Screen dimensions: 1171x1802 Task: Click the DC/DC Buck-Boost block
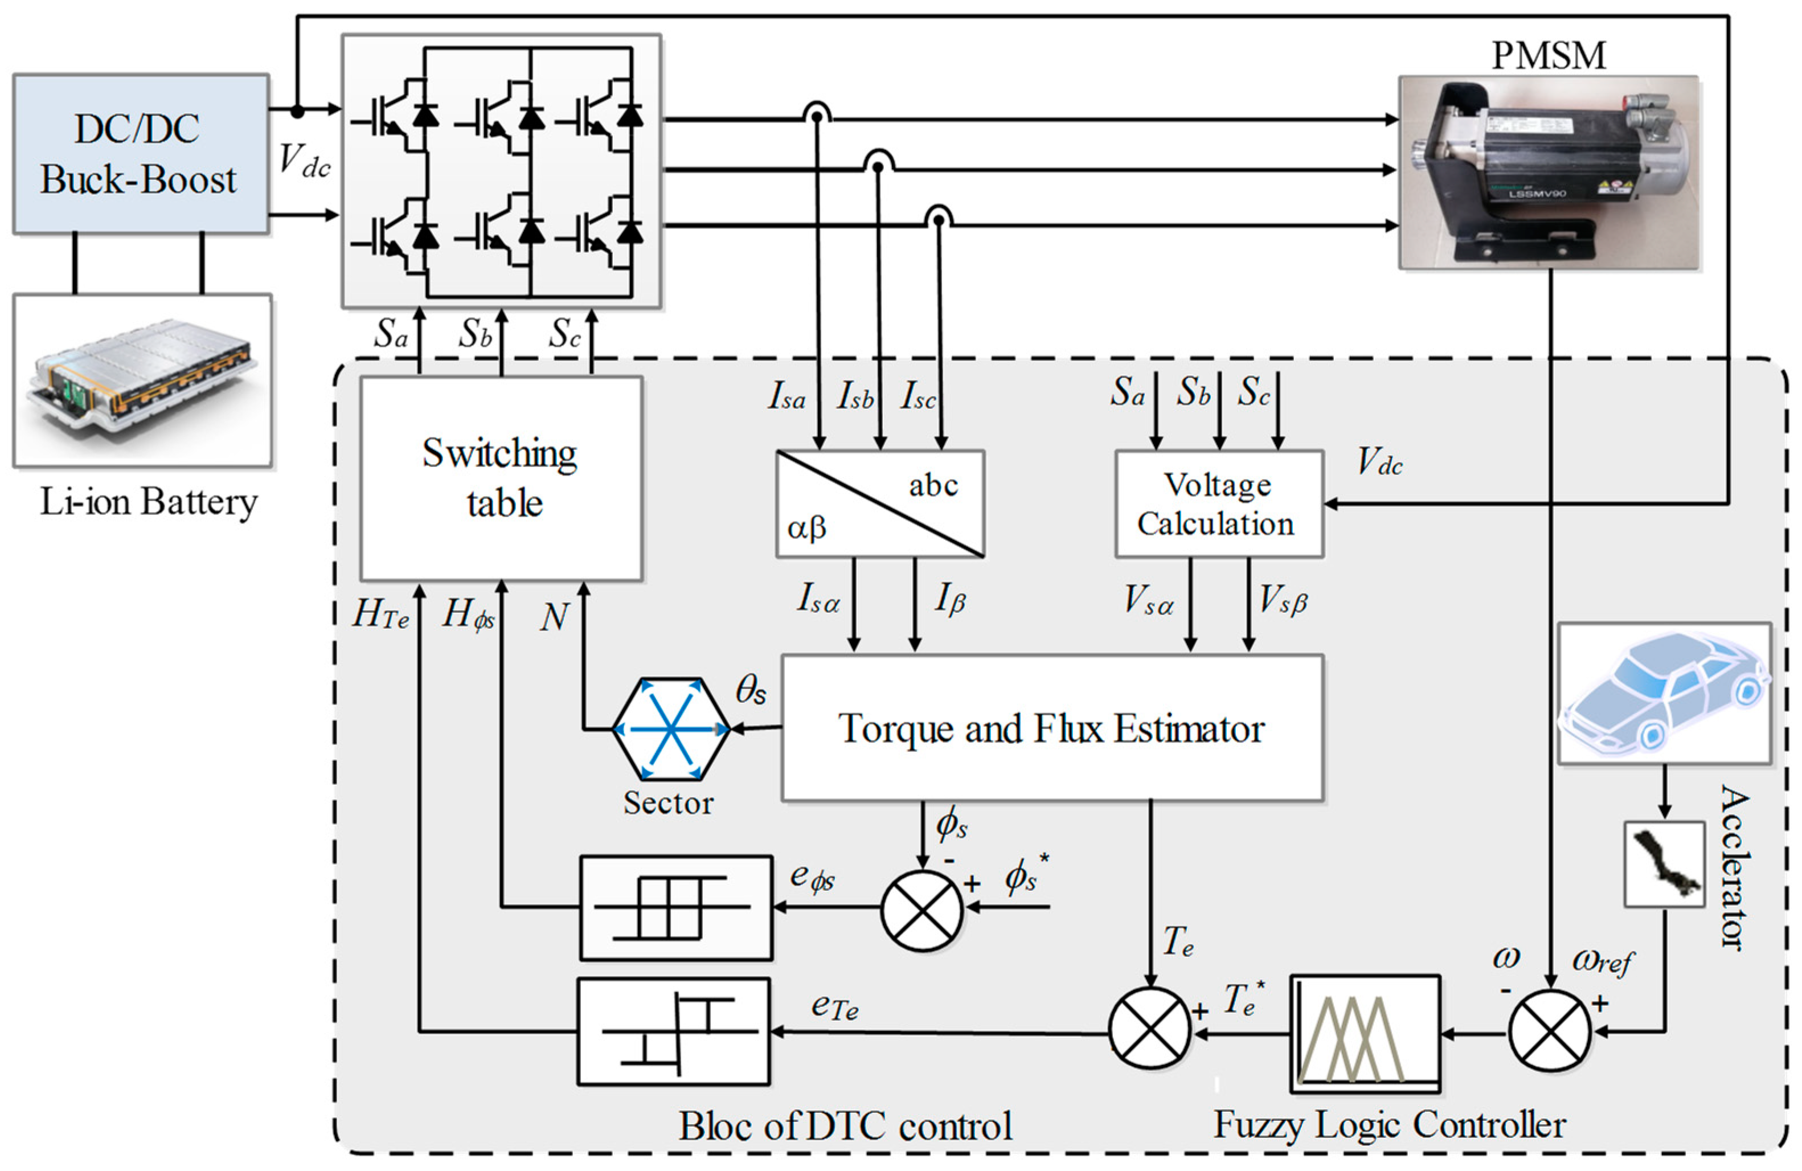tap(141, 154)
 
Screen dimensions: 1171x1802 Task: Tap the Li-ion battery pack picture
tap(142, 380)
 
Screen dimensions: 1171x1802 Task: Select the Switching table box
tap(501, 478)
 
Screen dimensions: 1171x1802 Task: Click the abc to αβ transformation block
tap(880, 504)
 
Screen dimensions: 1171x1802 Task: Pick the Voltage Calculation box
tap(1218, 504)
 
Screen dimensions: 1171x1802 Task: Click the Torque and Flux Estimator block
tap(1052, 728)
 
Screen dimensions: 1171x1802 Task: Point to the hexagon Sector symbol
tap(670, 729)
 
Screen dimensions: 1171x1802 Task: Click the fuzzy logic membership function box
tap(1365, 1033)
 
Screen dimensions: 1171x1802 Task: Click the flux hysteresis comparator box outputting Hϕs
tap(675, 907)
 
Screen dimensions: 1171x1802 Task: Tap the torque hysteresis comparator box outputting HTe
tap(673, 1031)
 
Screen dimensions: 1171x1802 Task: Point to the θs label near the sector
tap(750, 690)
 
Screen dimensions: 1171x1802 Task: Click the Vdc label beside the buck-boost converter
tap(304, 161)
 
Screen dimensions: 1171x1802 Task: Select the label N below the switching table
tap(554, 617)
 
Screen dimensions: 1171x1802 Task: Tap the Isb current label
tap(855, 396)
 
